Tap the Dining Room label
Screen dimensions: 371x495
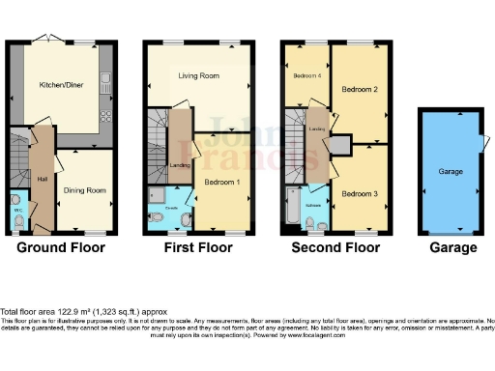[x=84, y=190]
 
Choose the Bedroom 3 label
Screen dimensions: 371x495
[x=359, y=193]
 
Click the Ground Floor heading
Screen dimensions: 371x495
[x=61, y=247]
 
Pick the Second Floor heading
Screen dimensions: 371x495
[x=336, y=247]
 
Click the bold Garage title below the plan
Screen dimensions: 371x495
[x=453, y=247]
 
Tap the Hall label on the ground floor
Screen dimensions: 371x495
[x=41, y=177]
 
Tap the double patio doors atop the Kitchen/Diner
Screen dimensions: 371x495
[x=43, y=39]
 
